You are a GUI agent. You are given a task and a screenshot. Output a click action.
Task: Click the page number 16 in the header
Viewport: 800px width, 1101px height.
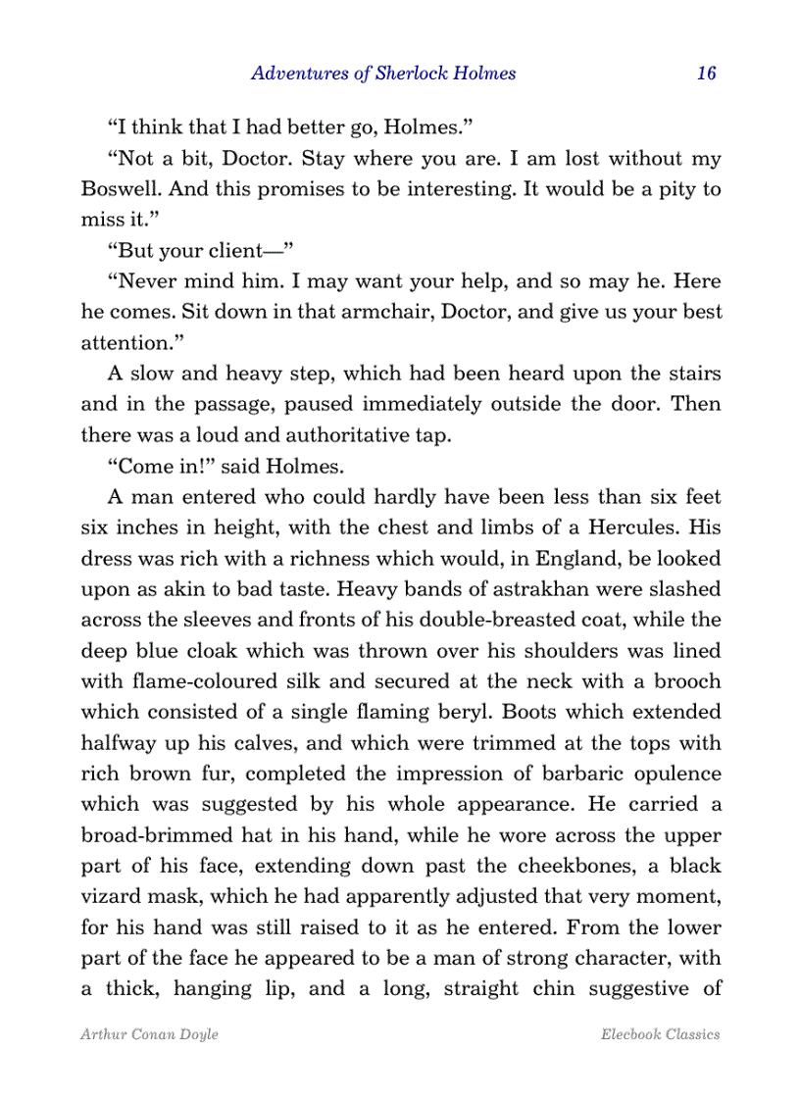coord(707,74)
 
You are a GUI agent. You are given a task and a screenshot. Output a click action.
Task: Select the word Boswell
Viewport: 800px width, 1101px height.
coord(117,189)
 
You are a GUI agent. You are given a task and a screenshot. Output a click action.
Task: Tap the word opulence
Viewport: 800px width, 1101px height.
coord(674,773)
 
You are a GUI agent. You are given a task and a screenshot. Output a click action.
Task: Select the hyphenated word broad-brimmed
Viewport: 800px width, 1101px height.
coord(145,834)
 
